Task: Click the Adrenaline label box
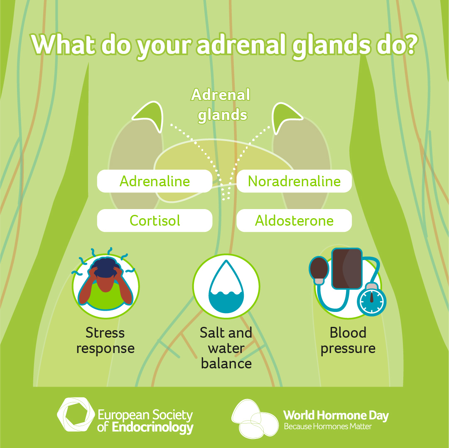tap(155, 181)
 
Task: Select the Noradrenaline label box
tap(294, 181)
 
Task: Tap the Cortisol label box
tap(155, 220)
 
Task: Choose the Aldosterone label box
tap(294, 220)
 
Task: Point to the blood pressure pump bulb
tap(319, 270)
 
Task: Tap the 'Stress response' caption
tap(106, 341)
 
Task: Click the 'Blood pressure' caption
tap(348, 341)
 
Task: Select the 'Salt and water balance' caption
tap(226, 348)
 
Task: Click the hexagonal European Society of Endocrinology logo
tap(76, 414)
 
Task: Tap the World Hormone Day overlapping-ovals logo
tap(255, 419)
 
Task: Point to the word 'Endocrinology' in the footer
tap(152, 428)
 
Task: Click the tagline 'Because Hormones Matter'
tap(328, 426)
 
